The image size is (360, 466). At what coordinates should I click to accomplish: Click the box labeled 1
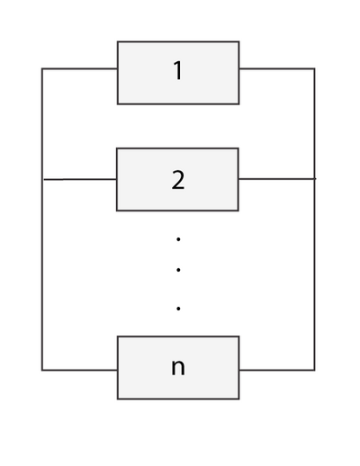178,73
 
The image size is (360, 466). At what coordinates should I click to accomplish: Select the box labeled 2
177,179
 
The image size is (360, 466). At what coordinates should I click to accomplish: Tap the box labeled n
178,368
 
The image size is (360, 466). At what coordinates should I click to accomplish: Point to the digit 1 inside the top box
178,70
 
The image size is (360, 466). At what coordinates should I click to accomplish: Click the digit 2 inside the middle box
178,180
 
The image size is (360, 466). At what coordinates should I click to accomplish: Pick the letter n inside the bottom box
178,367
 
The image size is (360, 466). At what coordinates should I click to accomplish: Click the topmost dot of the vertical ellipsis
178,239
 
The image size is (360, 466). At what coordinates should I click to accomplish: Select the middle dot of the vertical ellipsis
178,270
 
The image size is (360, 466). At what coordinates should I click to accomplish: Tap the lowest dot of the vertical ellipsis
178,309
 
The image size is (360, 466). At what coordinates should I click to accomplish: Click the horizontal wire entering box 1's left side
79,68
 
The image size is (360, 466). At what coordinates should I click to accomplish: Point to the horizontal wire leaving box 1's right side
277,68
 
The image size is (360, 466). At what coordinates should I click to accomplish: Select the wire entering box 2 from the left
80,179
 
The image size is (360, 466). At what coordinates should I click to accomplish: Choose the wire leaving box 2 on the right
277,179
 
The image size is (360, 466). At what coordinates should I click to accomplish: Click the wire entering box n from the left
79,370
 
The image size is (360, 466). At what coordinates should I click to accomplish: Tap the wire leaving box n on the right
277,370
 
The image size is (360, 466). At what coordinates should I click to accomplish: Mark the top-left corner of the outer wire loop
42,68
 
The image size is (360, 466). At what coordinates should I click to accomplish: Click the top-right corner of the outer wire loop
315,68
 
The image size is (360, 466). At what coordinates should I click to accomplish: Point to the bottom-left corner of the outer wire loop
42,370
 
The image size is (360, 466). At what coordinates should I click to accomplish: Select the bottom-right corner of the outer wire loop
315,370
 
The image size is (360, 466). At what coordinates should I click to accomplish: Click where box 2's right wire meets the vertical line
315,179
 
